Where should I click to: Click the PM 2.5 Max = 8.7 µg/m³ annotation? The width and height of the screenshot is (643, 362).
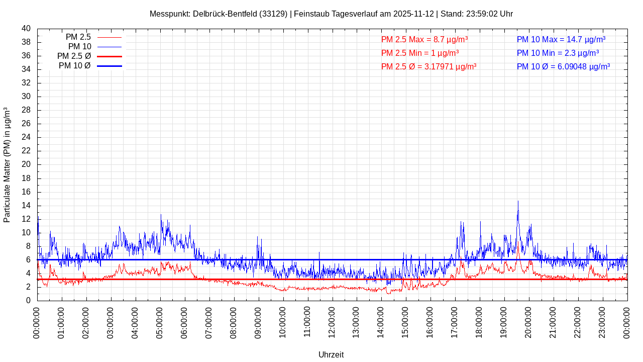(x=424, y=39)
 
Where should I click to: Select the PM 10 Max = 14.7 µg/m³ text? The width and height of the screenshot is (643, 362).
(x=561, y=39)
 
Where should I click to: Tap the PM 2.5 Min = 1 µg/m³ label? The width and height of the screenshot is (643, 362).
(x=419, y=53)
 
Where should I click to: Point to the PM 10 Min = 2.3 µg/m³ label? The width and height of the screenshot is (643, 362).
(x=558, y=53)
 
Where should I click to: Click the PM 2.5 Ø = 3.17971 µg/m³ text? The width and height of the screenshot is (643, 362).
(x=428, y=66)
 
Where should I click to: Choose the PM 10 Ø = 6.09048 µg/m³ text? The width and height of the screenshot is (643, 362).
(x=563, y=66)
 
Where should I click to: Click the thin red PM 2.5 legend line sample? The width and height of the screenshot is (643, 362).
(x=109, y=37)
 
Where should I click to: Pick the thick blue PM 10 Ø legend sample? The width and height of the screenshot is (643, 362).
(x=109, y=66)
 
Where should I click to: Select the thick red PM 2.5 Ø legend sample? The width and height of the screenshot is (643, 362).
(x=109, y=56)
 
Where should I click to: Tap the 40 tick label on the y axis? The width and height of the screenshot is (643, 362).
(x=26, y=29)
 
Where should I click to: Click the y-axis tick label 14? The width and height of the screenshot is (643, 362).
(x=26, y=206)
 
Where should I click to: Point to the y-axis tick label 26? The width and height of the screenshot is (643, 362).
(x=26, y=124)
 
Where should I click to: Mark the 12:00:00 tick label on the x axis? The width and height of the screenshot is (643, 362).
(x=332, y=322)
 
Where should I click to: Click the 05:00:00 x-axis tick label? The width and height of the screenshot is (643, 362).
(x=160, y=322)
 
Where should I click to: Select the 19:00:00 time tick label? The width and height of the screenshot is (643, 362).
(x=504, y=322)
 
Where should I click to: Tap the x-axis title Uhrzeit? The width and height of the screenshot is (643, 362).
(x=331, y=354)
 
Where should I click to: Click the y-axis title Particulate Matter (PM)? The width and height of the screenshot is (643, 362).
(x=7, y=164)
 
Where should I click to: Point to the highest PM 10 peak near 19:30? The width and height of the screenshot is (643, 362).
(x=518, y=202)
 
